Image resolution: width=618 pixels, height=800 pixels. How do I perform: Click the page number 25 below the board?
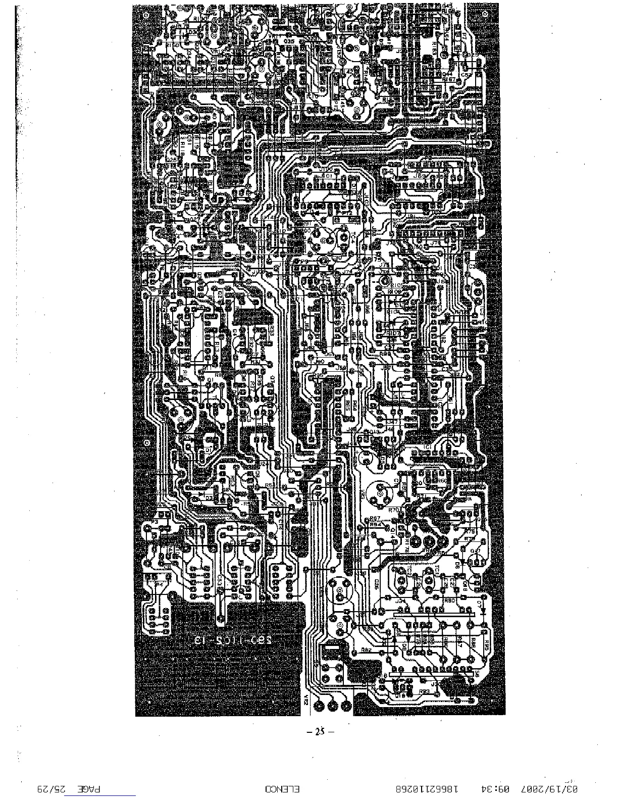319,731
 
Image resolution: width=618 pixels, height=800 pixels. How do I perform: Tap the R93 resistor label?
424,691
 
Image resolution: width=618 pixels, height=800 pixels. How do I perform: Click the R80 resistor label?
449,601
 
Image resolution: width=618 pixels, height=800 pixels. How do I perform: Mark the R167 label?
448,79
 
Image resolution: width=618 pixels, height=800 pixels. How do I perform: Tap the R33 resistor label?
271,331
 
